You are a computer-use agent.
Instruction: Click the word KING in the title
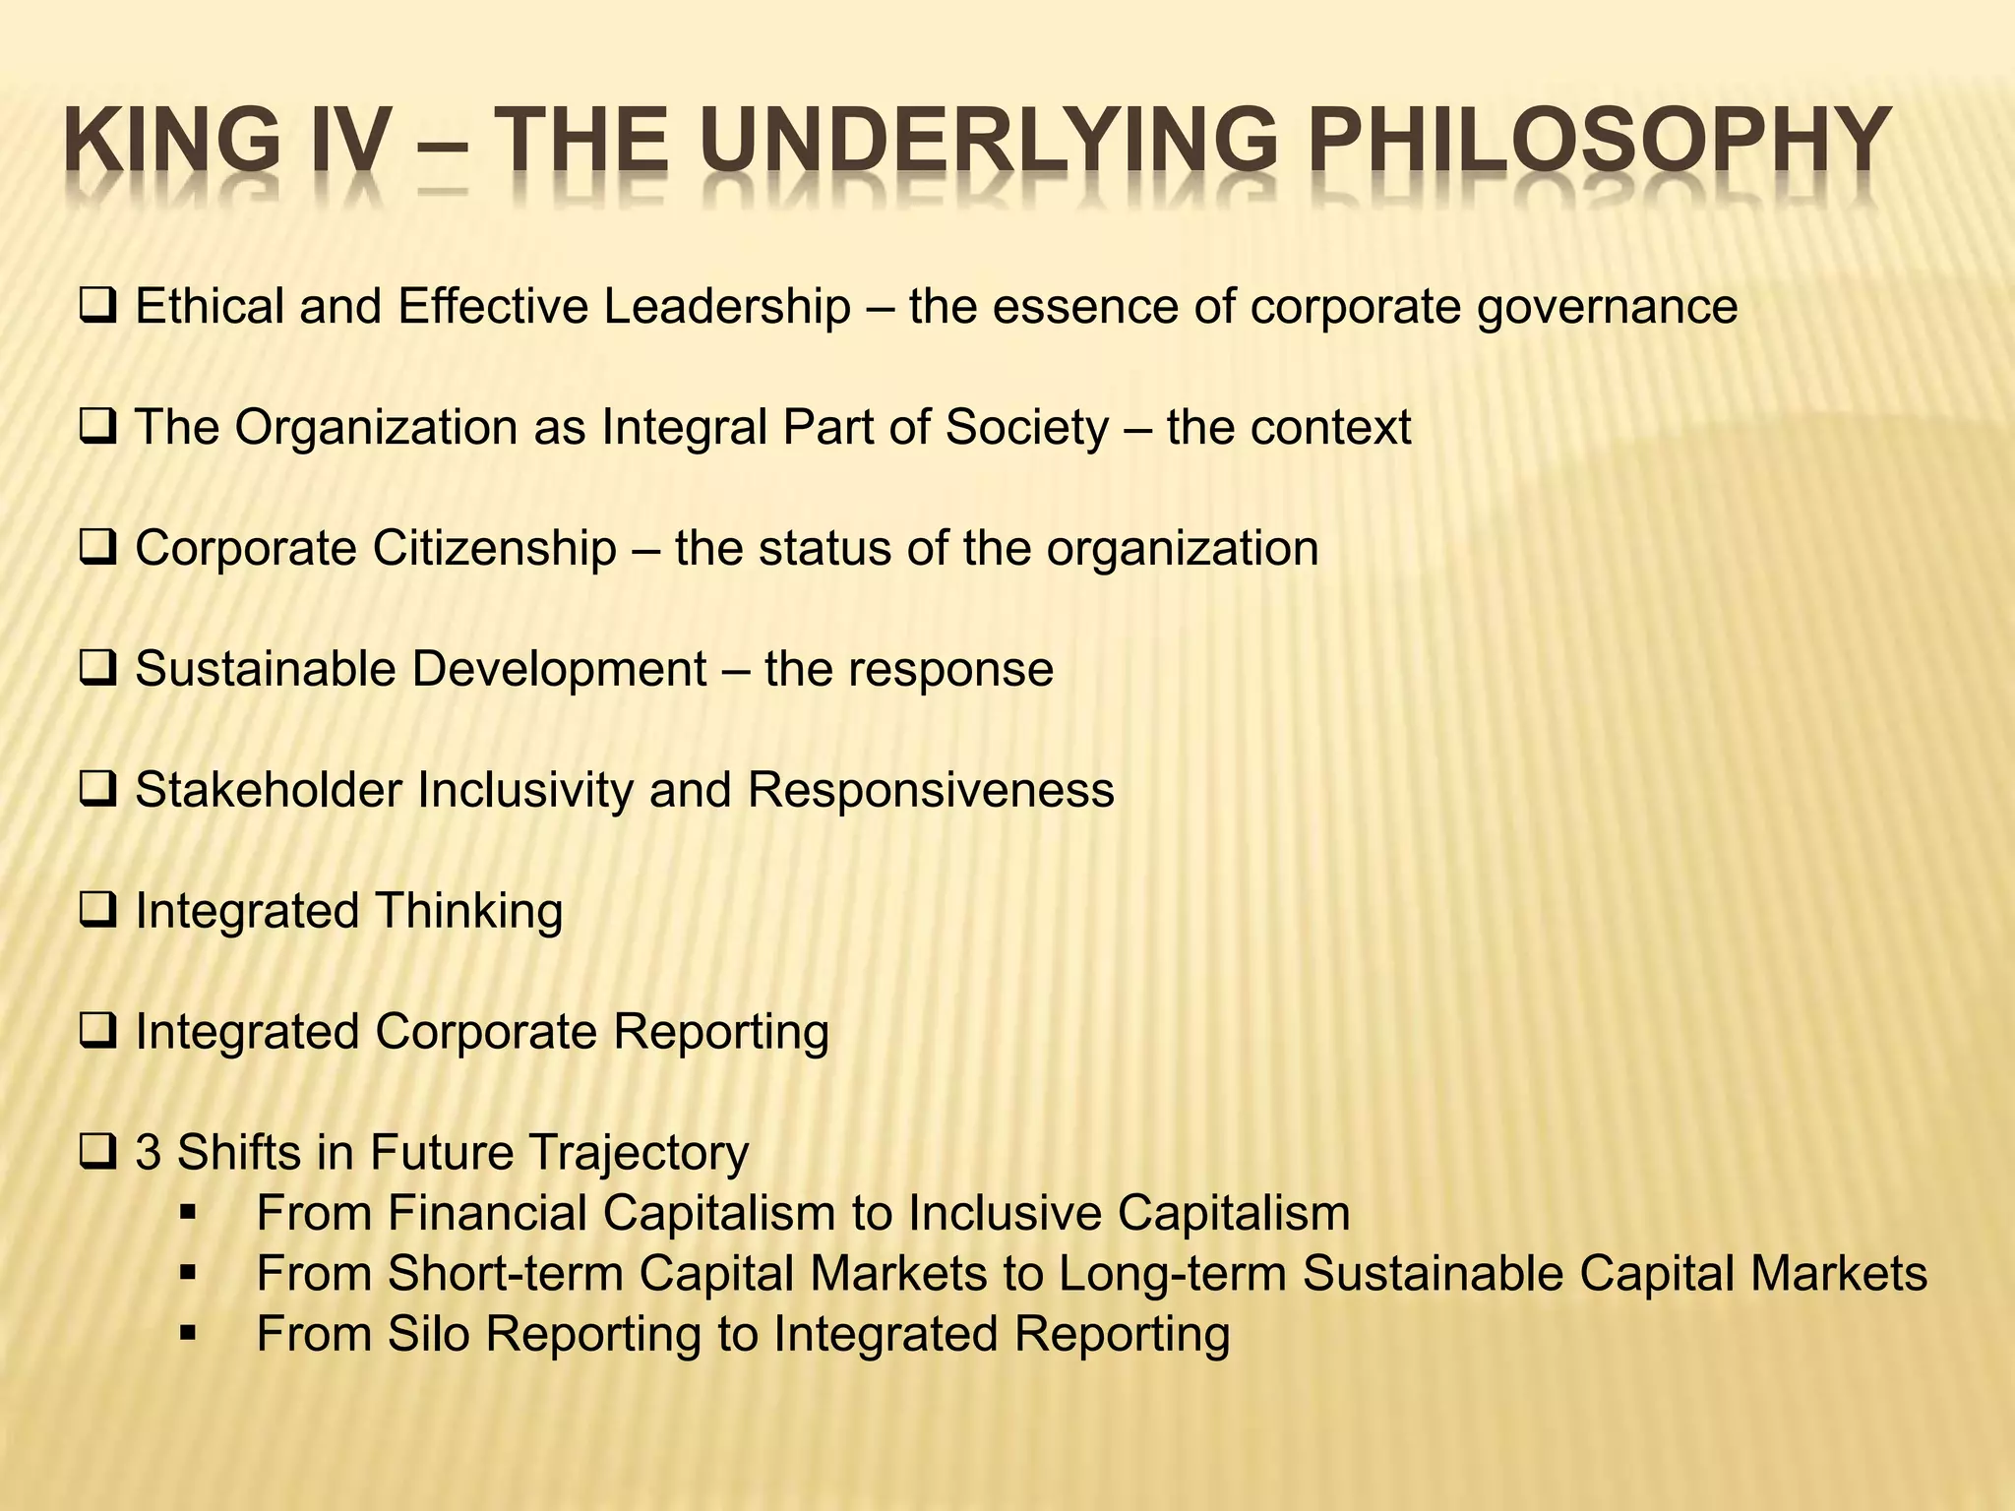pos(173,143)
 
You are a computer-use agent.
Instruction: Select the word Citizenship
pos(494,549)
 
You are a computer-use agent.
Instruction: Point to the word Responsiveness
pos(931,791)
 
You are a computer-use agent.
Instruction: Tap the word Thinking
pos(468,912)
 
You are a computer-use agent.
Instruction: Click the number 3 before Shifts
pos(148,1153)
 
